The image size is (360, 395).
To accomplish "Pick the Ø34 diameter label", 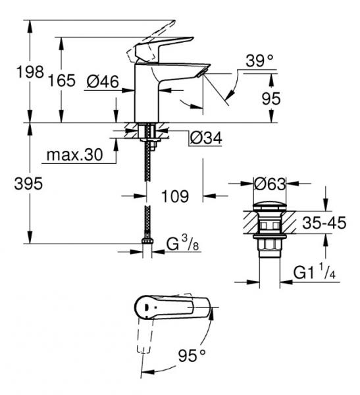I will (x=205, y=138).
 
